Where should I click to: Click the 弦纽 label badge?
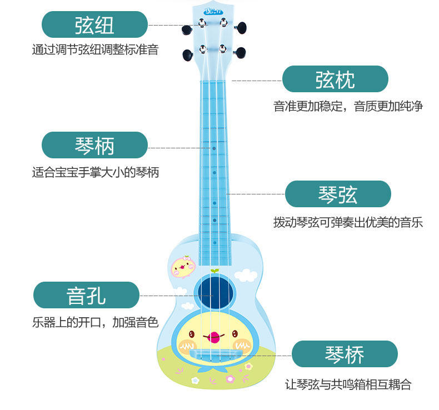[94, 24]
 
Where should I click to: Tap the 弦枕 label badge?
[335, 79]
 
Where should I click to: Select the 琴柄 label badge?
[94, 145]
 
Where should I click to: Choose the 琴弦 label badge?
[338, 194]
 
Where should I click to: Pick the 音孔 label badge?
[86, 295]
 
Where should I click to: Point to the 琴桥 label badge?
[345, 354]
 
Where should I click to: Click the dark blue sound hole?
[215, 292]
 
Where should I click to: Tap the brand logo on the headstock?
[213, 12]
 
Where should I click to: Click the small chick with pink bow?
[183, 266]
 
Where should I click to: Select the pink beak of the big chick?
[214, 337]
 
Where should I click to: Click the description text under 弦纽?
[95, 50]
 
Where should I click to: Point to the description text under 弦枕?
[348, 106]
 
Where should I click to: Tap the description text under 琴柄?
[96, 172]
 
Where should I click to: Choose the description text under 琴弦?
[348, 222]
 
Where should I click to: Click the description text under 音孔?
[96, 322]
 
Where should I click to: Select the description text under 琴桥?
[348, 384]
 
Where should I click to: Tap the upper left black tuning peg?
[187, 29]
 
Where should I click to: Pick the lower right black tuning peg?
[241, 52]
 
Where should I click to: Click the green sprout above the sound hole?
[214, 271]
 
